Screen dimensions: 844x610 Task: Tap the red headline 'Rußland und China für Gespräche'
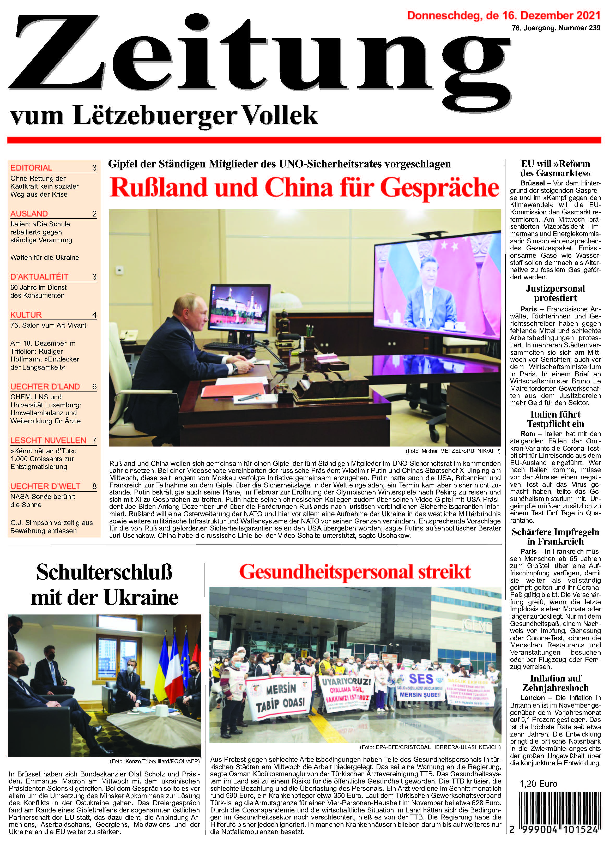[304, 188]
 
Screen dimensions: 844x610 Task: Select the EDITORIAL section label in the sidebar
[31, 167]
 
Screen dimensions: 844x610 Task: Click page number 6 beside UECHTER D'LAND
[94, 387]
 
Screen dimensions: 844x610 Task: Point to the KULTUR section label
[26, 315]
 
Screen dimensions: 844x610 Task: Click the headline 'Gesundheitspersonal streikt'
[355, 572]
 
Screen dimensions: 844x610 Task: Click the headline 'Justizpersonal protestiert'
[555, 293]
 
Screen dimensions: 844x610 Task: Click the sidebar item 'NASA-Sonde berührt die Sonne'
[43, 501]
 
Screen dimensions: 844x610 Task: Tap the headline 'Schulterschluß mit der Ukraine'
[105, 585]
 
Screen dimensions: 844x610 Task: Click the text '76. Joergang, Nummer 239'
[556, 28]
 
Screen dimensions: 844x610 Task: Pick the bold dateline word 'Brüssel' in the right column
[532, 183]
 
